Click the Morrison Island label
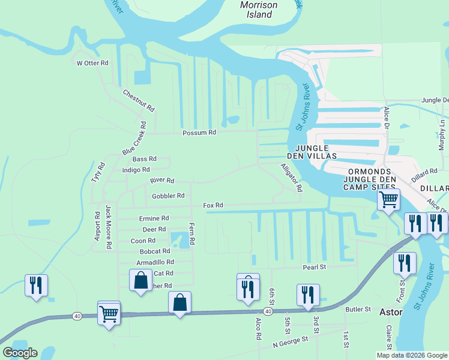pyautogui.click(x=259, y=10)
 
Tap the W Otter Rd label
pyautogui.click(x=92, y=63)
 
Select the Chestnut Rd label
pyautogui.click(x=139, y=101)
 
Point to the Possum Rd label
pyautogui.click(x=199, y=133)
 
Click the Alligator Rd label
pyautogui.click(x=291, y=177)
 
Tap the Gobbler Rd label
pyautogui.click(x=168, y=196)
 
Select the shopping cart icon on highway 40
pyautogui.click(x=109, y=313)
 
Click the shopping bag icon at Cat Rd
pyautogui.click(x=140, y=280)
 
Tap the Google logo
pyautogui.click(x=20, y=353)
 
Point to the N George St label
pyautogui.click(x=290, y=341)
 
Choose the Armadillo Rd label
pyautogui.click(x=155, y=262)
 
